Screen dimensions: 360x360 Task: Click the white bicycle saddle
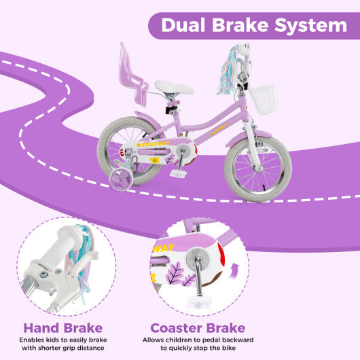tap(174, 87)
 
